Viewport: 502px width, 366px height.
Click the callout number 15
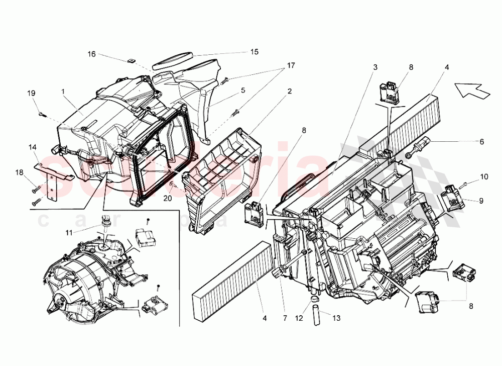click(x=255, y=52)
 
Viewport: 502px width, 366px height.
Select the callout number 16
click(x=91, y=54)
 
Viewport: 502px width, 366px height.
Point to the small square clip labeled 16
click(x=130, y=60)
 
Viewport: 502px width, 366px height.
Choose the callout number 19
click(x=31, y=93)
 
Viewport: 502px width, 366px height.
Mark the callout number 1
click(x=63, y=92)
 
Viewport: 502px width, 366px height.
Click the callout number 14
click(x=33, y=147)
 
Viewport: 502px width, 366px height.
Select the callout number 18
click(x=19, y=172)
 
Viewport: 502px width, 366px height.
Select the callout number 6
click(x=481, y=142)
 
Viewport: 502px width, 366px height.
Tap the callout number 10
click(x=483, y=176)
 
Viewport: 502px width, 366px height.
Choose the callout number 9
click(x=480, y=201)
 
